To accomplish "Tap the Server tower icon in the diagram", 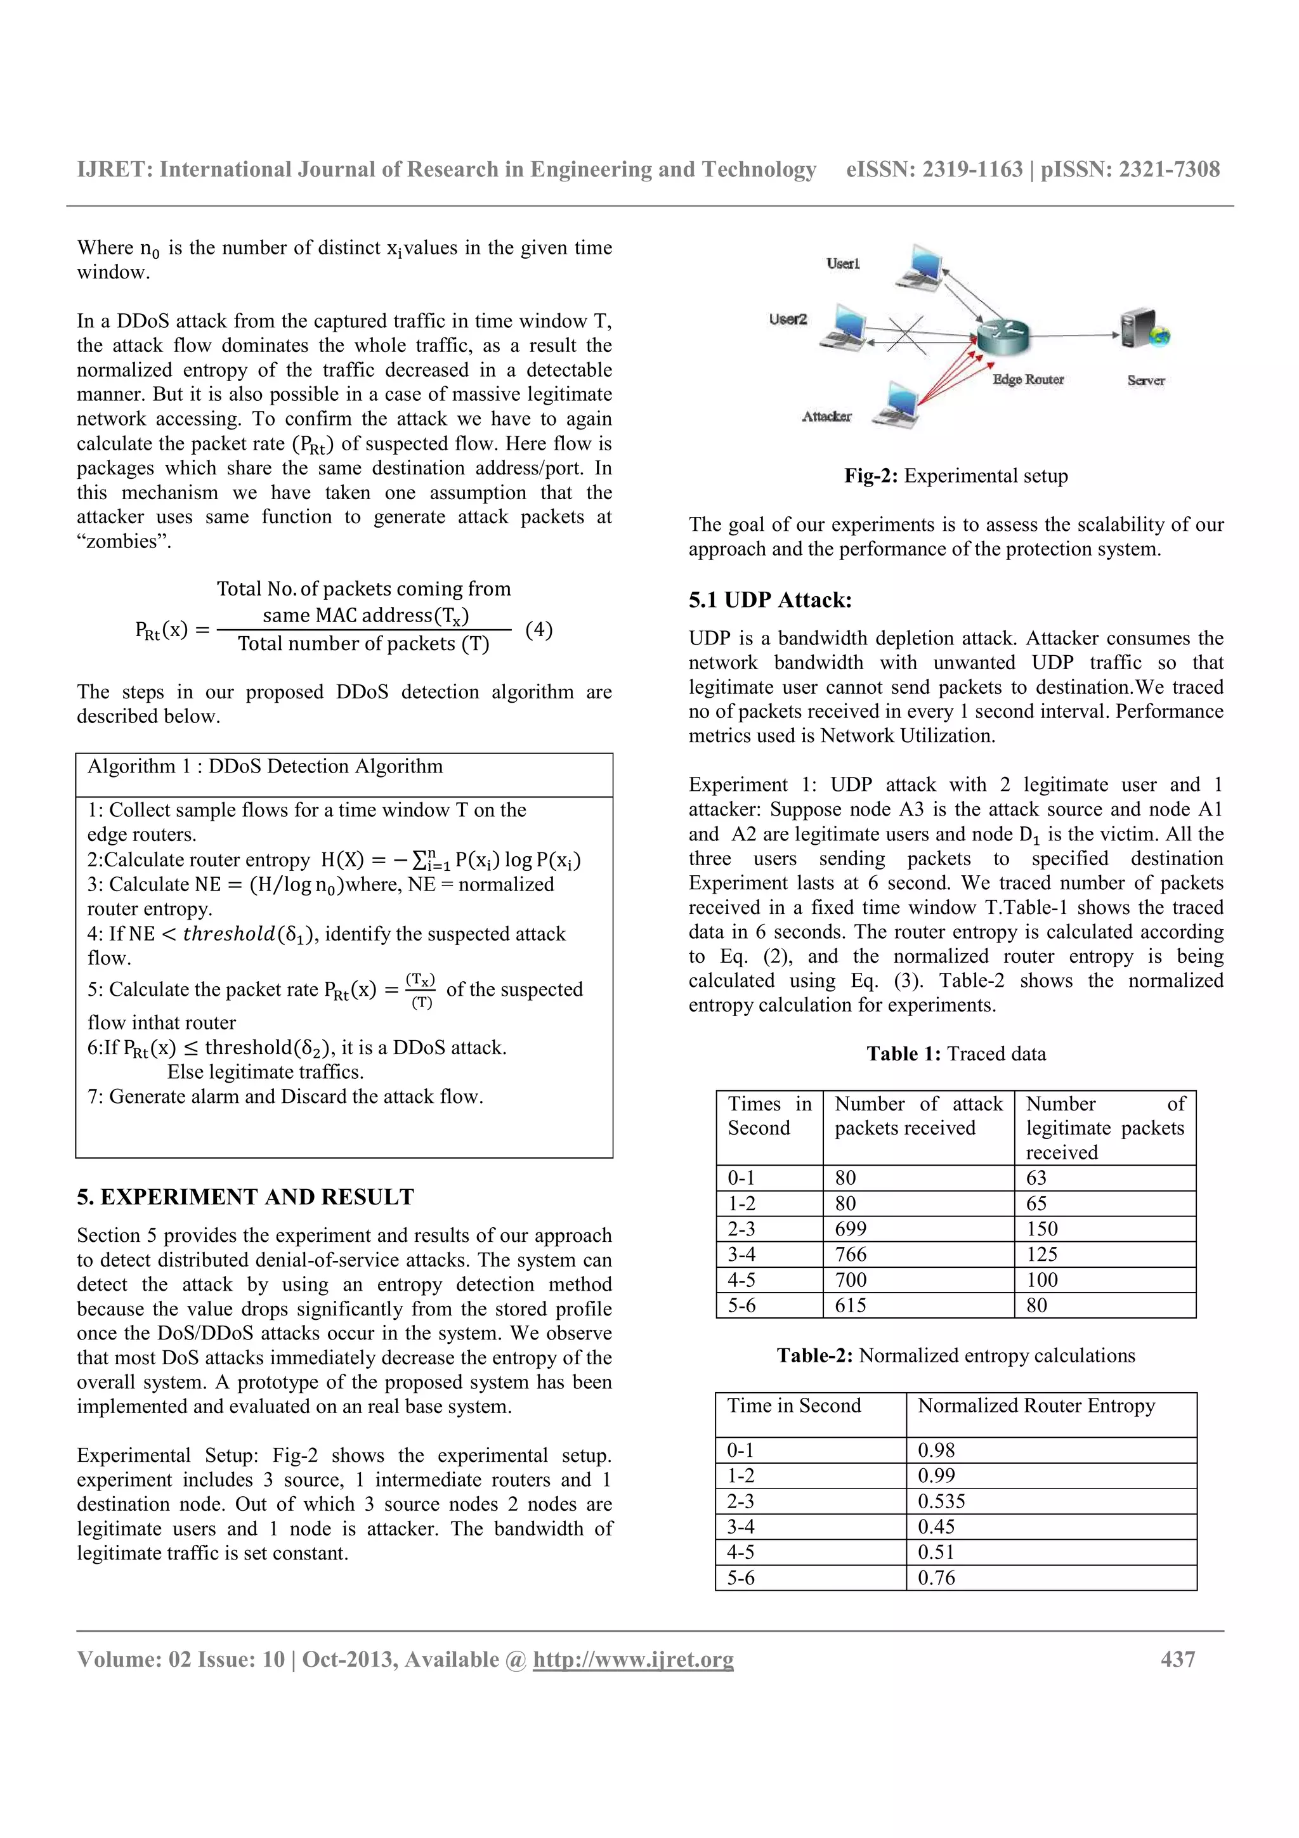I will [1141, 329].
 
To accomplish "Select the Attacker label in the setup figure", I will [827, 416].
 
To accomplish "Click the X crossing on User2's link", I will [906, 335].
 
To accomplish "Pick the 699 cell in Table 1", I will [851, 1229].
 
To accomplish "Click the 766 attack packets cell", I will [851, 1255].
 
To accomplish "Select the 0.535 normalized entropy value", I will [941, 1501].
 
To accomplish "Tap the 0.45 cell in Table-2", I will [936, 1527].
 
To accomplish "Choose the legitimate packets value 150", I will [1041, 1229].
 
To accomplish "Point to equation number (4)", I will [539, 629].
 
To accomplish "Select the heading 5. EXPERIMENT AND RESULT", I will [245, 1197].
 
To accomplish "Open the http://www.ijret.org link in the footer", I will [633, 1660].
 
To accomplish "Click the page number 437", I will [1177, 1660].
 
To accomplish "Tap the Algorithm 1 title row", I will [265, 767].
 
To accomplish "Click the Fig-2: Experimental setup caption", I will [956, 476].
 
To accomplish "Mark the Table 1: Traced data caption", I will [956, 1053].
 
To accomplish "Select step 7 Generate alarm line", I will [285, 1097].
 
